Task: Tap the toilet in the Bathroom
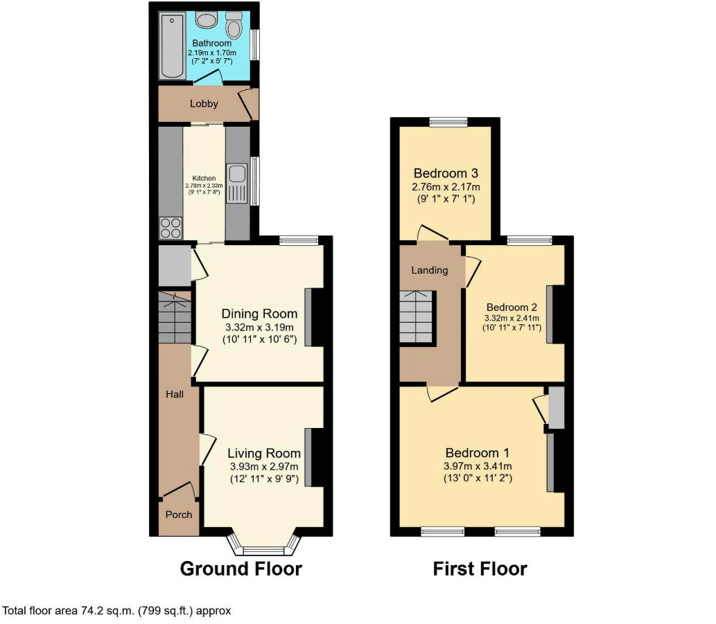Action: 234,27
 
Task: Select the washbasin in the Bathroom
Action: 206,20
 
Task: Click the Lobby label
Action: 204,104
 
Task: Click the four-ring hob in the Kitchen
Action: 171,228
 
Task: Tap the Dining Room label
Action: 260,314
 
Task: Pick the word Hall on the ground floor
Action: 174,394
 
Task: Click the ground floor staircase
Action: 174,317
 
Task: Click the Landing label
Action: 430,270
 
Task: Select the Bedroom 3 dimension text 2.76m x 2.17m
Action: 446,187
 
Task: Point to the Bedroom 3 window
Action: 448,122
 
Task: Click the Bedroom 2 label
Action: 512,307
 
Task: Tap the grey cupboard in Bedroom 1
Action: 556,409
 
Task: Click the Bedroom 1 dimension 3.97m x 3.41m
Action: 478,466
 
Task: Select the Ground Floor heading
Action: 241,569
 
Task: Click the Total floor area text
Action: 117,611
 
